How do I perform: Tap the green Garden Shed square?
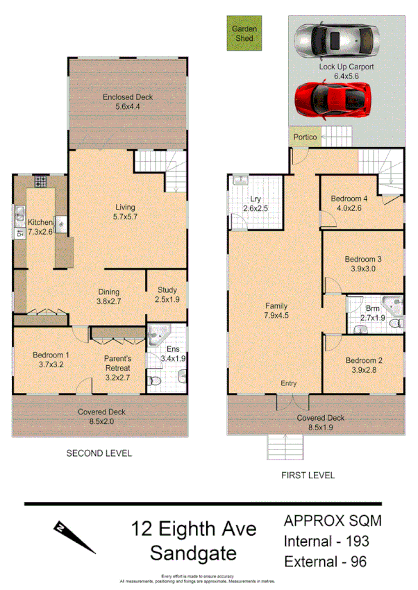[244, 34]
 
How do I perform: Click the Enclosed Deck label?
[128, 97]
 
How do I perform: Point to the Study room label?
[167, 290]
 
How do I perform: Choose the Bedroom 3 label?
[364, 260]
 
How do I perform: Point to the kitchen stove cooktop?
[40, 182]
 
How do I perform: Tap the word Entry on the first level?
[288, 383]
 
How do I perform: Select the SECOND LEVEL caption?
[99, 453]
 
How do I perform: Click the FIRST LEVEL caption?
[308, 475]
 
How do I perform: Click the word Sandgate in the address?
[194, 553]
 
